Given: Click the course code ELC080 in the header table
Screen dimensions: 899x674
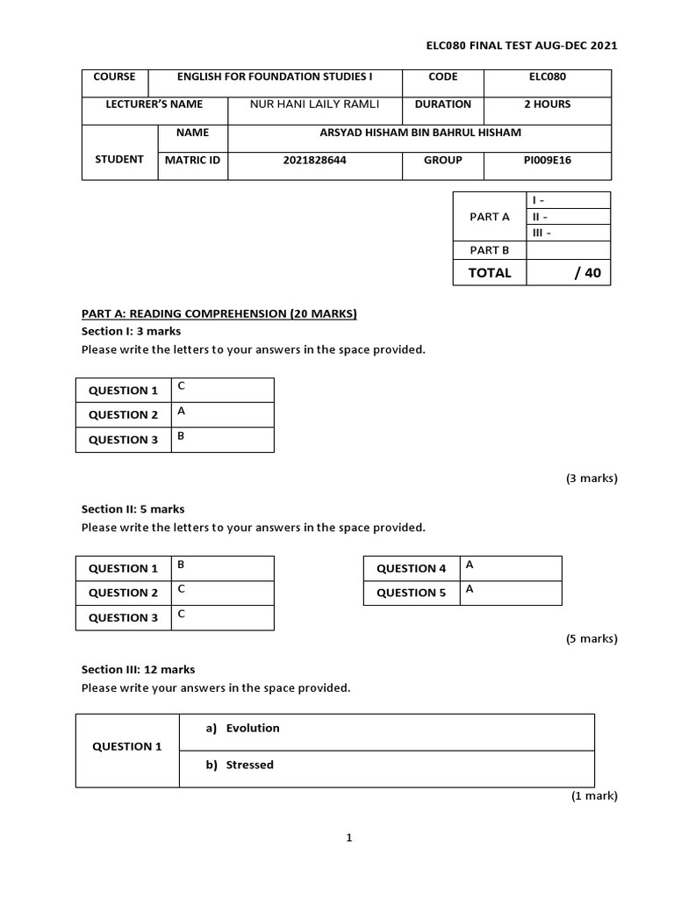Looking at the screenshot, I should pos(549,77).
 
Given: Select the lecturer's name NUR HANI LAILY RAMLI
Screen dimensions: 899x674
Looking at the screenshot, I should pos(314,104).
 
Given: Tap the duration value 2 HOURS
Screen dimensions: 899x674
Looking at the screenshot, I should pos(548,104).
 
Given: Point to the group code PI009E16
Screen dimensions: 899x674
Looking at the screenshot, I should pos(547,161).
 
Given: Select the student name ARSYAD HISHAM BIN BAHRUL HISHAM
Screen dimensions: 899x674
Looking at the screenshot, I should pos(420,133).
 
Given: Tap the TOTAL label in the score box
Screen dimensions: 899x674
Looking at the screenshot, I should pos(489,273).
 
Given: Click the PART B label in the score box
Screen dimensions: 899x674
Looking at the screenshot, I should pos(489,250).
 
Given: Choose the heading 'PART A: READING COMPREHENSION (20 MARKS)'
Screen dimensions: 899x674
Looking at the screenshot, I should pos(219,313).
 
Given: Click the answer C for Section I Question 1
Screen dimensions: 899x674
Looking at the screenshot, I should pos(181,385).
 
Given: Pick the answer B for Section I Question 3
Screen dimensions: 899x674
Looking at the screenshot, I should pos(181,435).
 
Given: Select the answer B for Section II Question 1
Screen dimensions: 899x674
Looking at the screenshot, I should pos(181,564).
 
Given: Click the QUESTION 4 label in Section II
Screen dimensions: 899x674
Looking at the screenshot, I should pos(412,569).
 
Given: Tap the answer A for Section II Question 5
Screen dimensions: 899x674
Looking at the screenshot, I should pos(470,589).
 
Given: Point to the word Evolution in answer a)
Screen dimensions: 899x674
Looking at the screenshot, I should pos(253,728).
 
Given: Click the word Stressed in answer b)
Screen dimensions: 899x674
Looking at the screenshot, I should pos(249,765).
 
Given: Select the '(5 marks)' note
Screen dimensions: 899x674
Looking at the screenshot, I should pos(591,639).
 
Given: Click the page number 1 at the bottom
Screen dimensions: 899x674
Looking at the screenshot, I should pos(348,838).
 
